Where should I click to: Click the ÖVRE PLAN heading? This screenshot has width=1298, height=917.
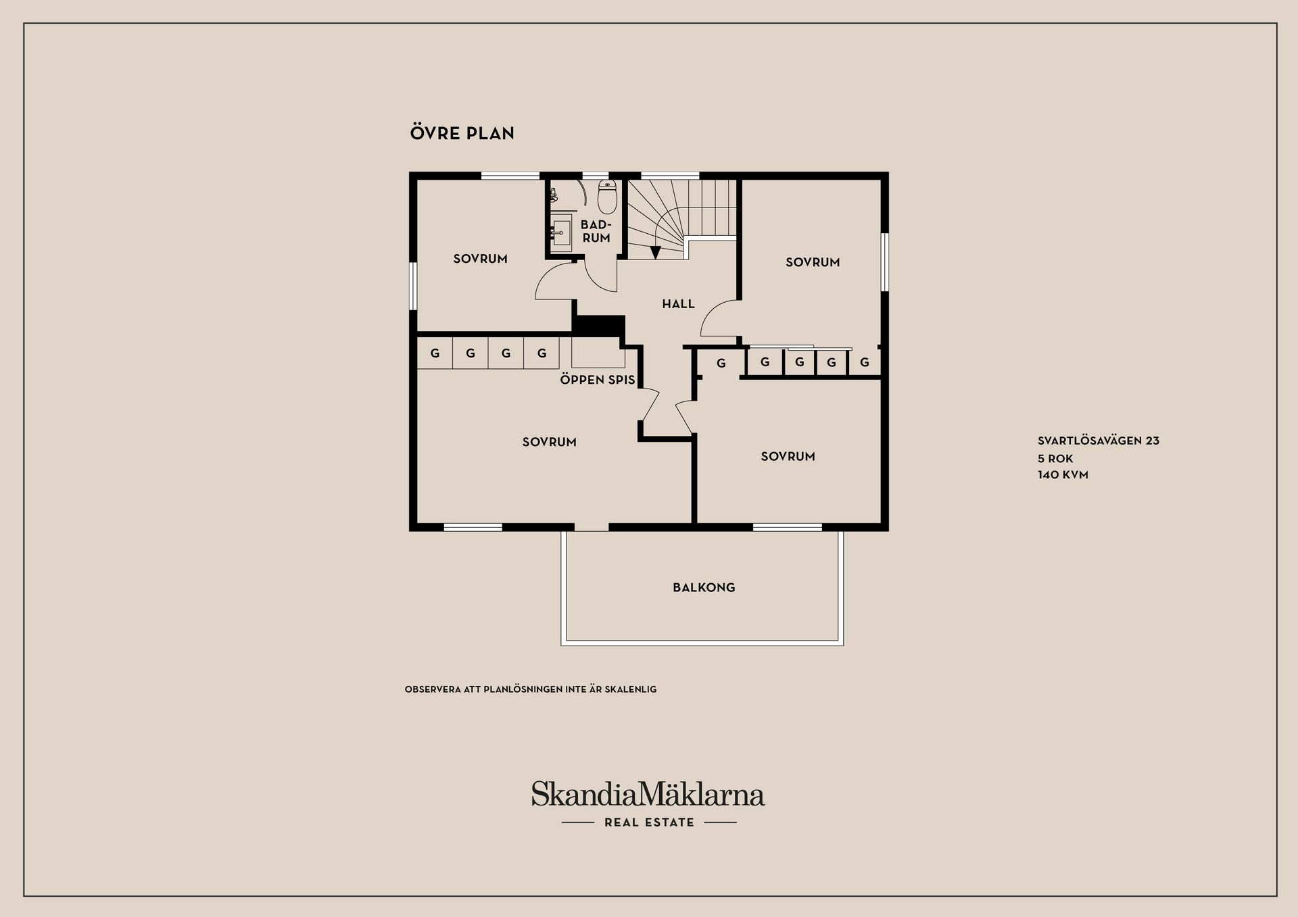pos(462,132)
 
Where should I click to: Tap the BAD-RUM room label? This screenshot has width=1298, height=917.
pos(596,231)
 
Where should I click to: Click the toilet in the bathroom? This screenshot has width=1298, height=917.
pos(607,196)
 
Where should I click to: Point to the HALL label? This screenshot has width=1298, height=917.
pos(678,304)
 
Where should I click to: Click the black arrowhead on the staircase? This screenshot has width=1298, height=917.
pos(655,253)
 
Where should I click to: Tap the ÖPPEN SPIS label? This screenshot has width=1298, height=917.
pos(598,379)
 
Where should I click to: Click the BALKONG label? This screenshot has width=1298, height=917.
pos(704,587)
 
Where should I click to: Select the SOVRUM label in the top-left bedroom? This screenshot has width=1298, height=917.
pos(480,259)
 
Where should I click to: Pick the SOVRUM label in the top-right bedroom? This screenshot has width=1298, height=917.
pos(813,262)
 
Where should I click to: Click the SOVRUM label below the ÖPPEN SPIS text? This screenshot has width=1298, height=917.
pos(549,442)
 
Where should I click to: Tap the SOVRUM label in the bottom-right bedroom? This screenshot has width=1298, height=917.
pos(788,456)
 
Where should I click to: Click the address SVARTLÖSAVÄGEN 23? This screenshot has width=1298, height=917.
pos(1099,441)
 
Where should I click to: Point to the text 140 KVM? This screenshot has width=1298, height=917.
pos(1063,474)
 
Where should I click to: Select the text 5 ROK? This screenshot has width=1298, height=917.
pos(1055,458)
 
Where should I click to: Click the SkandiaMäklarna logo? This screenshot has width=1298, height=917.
pos(648,794)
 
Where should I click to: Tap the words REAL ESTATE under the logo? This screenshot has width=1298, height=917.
pos(649,822)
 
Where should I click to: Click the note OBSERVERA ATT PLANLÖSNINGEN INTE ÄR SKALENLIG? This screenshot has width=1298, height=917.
pos(531,689)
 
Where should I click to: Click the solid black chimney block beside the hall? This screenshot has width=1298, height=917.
pos(598,325)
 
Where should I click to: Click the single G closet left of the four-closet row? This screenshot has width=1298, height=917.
pos(721,364)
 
